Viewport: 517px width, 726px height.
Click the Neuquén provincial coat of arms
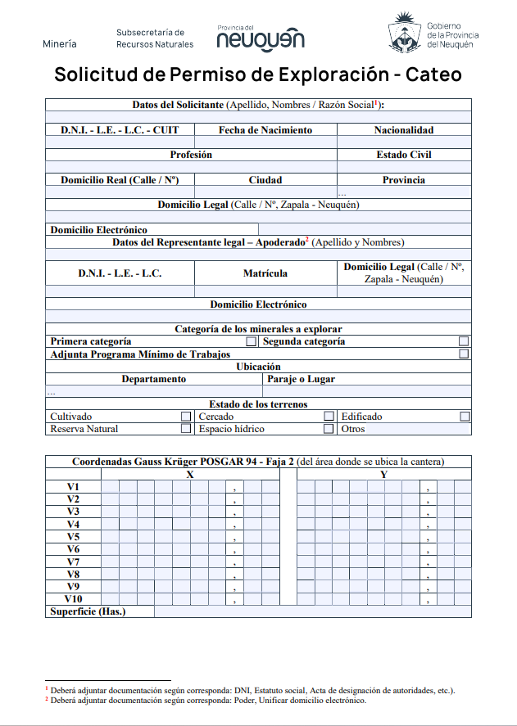(404, 34)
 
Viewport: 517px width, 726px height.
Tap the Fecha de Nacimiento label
(265, 130)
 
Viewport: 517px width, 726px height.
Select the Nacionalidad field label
(404, 130)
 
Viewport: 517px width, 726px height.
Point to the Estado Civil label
(404, 155)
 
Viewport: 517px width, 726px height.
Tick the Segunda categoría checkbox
(465, 341)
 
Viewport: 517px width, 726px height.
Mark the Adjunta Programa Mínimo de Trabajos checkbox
(465, 354)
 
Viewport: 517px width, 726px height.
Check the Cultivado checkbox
(186, 417)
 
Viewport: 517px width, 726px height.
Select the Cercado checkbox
(329, 417)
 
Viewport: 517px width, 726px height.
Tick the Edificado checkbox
(465, 417)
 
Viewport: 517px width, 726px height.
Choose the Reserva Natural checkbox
(186, 429)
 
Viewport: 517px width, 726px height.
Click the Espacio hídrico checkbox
(329, 429)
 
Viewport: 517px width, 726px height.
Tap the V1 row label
(73, 487)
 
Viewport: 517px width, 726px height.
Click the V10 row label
(73, 599)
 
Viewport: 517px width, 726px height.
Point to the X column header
(190, 475)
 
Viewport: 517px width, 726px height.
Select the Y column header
(383, 475)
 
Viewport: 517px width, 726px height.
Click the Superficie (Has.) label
(88, 611)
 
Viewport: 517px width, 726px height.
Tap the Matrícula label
(265, 273)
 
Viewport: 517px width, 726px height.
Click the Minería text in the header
(60, 43)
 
